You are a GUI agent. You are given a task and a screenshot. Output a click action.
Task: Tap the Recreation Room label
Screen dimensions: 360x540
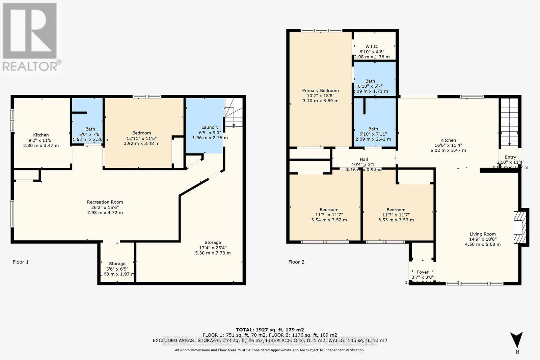coord(105,202)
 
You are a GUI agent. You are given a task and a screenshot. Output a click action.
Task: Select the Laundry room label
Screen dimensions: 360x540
coord(210,127)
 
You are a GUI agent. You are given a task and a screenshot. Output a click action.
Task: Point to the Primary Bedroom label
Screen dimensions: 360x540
coord(320,90)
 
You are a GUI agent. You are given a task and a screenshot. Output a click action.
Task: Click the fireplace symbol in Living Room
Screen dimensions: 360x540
coord(520,227)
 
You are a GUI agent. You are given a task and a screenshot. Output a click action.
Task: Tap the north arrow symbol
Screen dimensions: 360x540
coord(516,340)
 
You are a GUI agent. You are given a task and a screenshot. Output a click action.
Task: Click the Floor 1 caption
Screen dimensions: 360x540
coord(21,262)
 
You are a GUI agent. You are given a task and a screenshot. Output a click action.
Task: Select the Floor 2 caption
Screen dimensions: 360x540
coord(296,262)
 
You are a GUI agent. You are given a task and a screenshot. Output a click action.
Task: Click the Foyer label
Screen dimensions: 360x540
coord(423,272)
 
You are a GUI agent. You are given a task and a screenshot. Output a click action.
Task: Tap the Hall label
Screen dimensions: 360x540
coord(364,159)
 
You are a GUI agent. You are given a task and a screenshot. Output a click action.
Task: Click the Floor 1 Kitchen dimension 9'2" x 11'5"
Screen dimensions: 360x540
coord(41,140)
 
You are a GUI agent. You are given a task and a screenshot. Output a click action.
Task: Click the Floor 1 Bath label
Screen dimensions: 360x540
coord(90,129)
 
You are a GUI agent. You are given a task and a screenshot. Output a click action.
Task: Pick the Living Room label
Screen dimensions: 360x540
coord(483,234)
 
